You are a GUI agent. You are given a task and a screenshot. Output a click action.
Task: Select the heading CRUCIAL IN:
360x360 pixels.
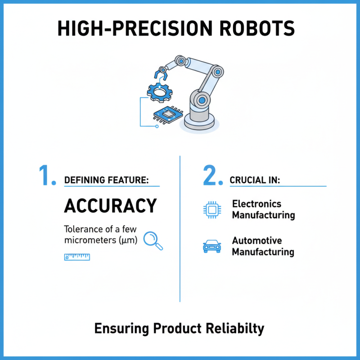point(255,180)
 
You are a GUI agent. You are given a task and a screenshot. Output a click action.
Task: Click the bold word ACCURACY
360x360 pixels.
point(110,206)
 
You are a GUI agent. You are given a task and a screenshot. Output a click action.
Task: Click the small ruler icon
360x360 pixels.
point(77,257)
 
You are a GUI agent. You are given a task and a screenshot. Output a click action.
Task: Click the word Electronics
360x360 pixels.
point(256,204)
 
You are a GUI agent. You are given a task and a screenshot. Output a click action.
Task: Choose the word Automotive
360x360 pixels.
point(256,241)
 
